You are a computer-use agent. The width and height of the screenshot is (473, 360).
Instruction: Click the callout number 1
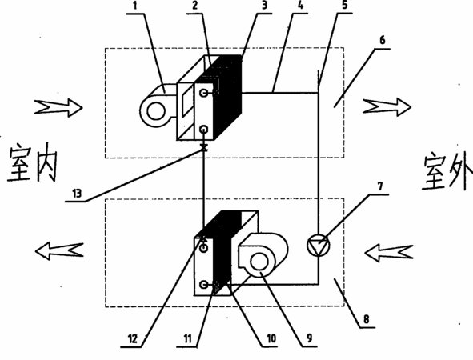(135, 6)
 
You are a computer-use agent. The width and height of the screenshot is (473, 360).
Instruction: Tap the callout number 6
(383, 40)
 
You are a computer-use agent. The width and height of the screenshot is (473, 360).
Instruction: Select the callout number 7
(380, 186)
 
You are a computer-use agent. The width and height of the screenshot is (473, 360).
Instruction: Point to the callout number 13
(77, 193)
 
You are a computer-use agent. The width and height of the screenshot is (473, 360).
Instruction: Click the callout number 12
(133, 339)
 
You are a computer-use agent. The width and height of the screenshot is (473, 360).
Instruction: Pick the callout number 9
(310, 338)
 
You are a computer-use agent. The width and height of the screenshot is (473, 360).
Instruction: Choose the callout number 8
(366, 319)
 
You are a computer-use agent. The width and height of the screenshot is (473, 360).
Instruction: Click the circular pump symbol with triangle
(318, 245)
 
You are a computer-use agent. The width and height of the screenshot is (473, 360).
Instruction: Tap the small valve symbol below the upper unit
(204, 148)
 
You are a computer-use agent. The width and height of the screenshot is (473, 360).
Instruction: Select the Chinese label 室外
(447, 173)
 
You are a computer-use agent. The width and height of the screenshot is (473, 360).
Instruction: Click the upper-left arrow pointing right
(58, 108)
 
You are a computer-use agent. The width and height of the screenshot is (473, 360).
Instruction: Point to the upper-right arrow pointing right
(387, 107)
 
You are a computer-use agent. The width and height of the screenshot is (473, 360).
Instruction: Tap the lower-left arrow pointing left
(59, 251)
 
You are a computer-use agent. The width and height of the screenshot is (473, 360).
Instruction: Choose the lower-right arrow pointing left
(388, 254)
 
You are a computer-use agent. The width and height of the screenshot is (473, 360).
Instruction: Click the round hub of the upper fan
(156, 111)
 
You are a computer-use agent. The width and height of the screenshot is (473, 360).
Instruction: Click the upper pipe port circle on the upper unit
(204, 93)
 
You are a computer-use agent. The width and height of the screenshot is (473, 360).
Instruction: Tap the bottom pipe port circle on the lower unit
(204, 284)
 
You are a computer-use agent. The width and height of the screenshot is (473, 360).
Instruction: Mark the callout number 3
(265, 6)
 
